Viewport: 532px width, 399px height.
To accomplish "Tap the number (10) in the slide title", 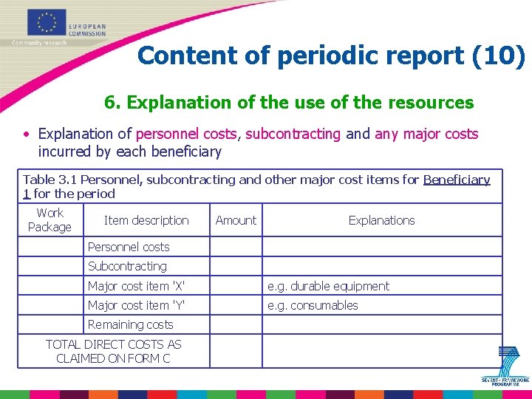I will tap(499, 55).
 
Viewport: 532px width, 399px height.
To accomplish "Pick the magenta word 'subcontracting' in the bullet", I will tap(293, 134).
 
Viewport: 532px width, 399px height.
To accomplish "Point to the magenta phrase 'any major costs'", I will tap(426, 134).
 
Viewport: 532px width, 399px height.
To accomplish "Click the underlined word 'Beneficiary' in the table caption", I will tap(457, 180).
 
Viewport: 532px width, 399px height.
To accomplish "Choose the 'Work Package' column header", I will tap(50, 220).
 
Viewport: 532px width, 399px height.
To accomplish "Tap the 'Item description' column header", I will tap(146, 220).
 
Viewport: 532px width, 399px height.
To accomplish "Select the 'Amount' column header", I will tap(236, 220).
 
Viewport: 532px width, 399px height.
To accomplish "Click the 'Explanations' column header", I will tap(381, 220).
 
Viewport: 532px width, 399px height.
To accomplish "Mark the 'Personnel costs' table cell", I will tap(129, 247).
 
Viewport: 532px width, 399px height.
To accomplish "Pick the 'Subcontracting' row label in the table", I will tap(127, 266).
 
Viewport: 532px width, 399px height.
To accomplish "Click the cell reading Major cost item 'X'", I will tap(137, 286).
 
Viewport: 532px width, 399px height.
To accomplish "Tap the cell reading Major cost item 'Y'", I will tap(137, 305).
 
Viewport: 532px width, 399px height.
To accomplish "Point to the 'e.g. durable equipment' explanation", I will tap(328, 286).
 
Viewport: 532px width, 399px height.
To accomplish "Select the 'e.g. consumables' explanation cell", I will tap(313, 305).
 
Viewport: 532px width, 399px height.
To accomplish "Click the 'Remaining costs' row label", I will tap(130, 324).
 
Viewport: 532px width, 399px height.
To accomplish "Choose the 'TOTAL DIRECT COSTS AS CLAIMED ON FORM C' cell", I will tap(113, 351).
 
